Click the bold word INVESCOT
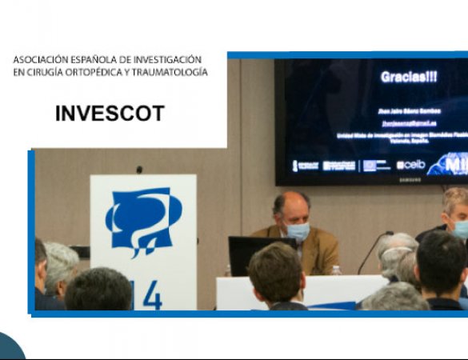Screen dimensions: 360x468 110,114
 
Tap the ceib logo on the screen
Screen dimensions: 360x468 411,165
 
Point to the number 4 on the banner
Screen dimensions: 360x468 151,296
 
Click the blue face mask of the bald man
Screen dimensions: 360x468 298,231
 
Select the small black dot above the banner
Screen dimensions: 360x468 139,170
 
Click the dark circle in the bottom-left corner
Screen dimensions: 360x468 10,349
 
